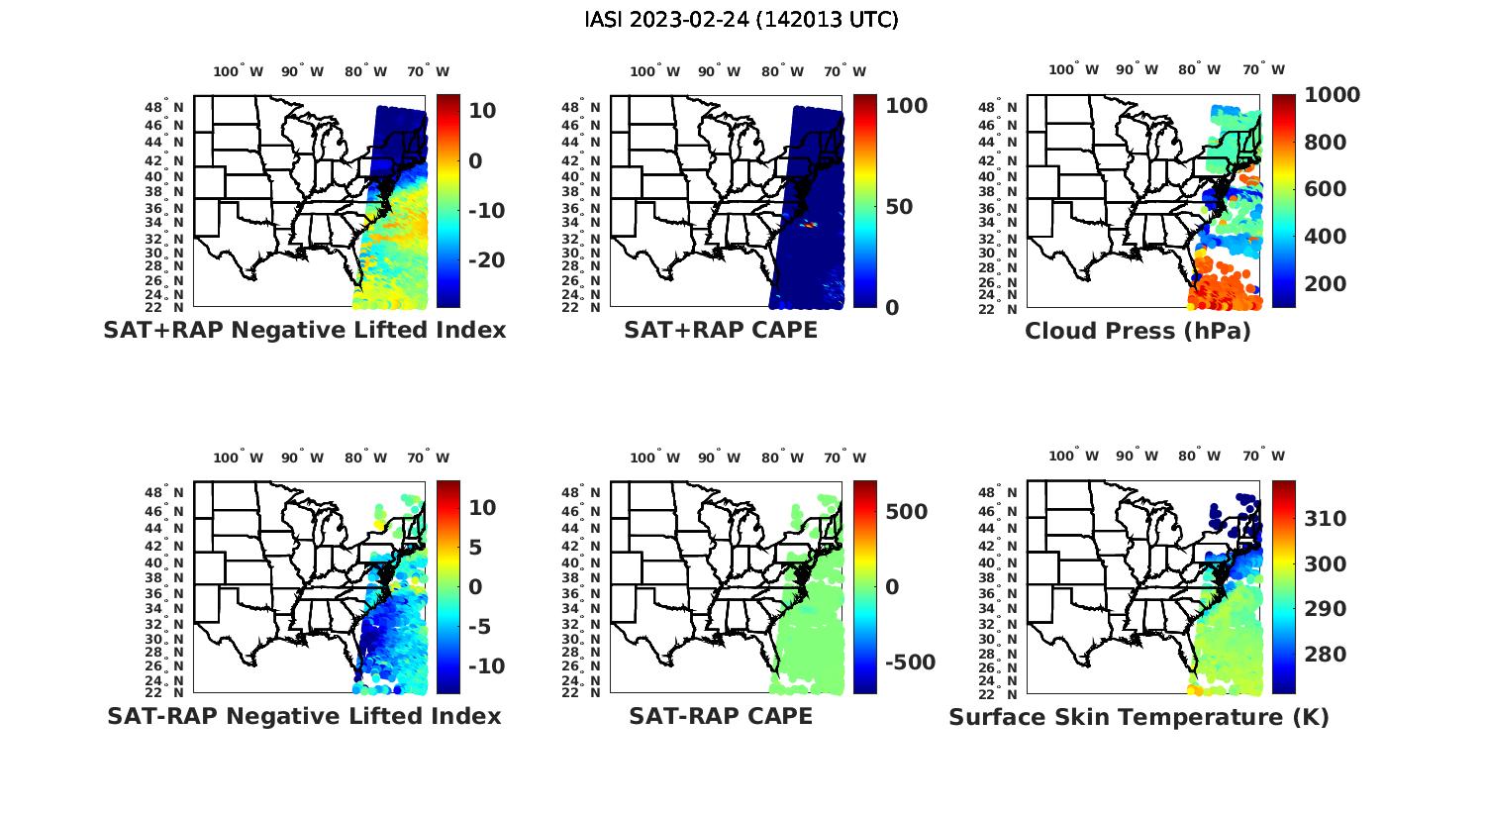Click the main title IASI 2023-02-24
click(742, 20)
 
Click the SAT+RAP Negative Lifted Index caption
click(304, 331)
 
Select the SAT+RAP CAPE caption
click(721, 331)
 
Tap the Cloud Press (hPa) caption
click(1138, 331)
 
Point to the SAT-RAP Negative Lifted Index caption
click(304, 716)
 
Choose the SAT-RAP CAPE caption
click(721, 716)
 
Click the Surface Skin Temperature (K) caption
click(1138, 717)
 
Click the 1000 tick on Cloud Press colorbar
click(1332, 95)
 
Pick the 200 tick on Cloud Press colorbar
click(1326, 284)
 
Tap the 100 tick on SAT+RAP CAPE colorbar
click(906, 106)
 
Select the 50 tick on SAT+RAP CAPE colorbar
click(899, 207)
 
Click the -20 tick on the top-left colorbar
click(486, 260)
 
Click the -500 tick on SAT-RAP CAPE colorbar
click(908, 663)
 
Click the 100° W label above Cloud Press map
click(1072, 70)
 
